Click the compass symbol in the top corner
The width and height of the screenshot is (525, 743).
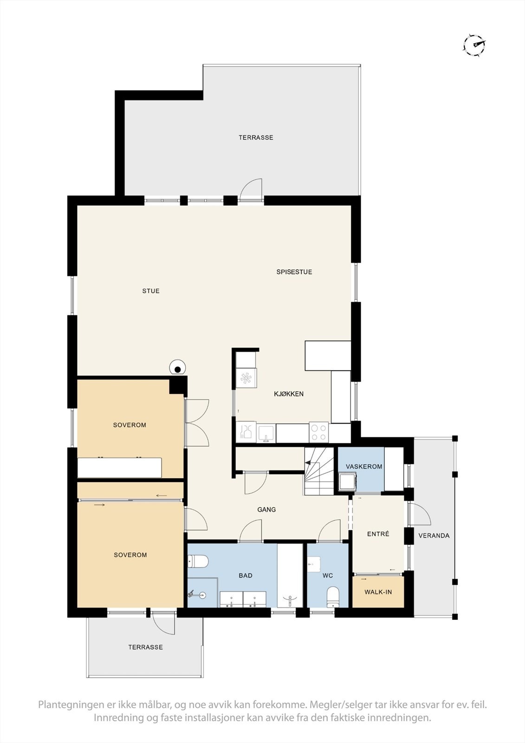click(474, 45)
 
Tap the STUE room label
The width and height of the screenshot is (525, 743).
click(151, 291)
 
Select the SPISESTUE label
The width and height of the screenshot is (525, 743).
click(294, 272)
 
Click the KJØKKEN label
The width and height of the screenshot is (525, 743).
click(289, 394)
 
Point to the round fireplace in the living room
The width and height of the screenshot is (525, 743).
click(177, 368)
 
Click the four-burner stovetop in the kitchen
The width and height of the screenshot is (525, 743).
click(319, 432)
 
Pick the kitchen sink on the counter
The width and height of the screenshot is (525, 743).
click(266, 433)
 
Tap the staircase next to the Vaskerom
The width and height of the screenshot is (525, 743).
click(319, 471)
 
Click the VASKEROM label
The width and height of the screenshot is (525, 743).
click(364, 467)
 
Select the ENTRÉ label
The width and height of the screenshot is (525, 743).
click(378, 534)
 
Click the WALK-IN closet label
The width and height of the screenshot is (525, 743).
click(378, 592)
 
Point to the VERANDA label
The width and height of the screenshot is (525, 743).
click(434, 535)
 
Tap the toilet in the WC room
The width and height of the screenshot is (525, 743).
click(333, 597)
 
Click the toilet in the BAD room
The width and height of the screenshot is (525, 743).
click(198, 562)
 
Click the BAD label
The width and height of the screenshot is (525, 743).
click(246, 576)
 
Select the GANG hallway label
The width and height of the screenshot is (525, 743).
click(266, 509)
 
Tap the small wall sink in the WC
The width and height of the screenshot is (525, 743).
click(313, 565)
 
